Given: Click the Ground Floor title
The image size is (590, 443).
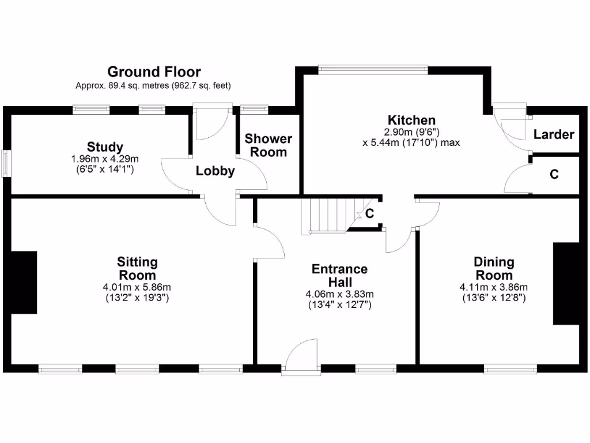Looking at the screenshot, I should (x=154, y=72).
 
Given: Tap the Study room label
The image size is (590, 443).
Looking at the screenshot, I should (x=105, y=147).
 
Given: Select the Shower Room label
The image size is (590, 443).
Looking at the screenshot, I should (x=268, y=145).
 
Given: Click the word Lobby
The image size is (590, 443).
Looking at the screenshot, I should (x=215, y=171).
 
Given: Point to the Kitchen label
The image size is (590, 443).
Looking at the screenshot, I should (x=411, y=120).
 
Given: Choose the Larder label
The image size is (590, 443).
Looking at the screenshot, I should (x=553, y=134).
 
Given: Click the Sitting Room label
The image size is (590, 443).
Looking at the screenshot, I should (x=137, y=268).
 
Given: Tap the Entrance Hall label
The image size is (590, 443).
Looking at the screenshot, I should (x=339, y=275).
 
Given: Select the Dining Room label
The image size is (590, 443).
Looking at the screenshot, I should (x=494, y=268).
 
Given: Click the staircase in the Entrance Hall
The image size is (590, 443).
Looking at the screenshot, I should (x=326, y=215).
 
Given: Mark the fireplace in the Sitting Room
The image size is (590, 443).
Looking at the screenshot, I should (x=24, y=282).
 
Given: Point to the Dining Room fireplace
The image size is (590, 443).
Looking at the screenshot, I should (x=566, y=283).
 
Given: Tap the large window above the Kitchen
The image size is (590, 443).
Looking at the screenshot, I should (x=373, y=69).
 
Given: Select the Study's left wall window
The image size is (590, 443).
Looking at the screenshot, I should (x=5, y=164).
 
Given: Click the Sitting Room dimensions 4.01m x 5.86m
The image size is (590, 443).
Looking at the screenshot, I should (x=137, y=287).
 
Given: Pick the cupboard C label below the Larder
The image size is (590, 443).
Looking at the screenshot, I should (x=554, y=174).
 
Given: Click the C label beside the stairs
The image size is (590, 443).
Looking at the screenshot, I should (x=370, y=213).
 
